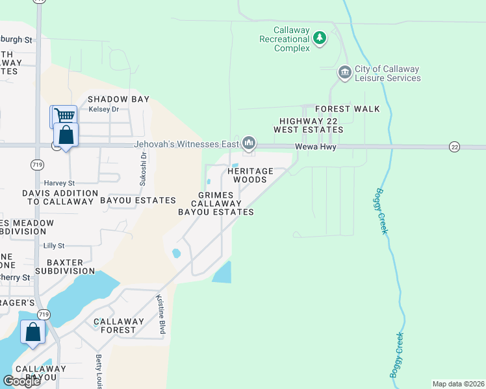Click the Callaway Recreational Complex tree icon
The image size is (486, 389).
pyautogui.click(x=319, y=39)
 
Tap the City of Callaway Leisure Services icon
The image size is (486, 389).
pyautogui.click(x=344, y=72)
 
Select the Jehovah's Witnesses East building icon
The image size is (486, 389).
pyautogui.click(x=249, y=143)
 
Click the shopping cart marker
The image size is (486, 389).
pyautogui.click(x=64, y=116)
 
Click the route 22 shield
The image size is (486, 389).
pyautogui.click(x=454, y=147)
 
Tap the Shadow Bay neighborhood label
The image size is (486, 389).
pyautogui.click(x=119, y=99)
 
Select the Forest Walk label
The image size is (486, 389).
pyautogui.click(x=348, y=109)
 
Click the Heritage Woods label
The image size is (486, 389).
pyautogui.click(x=250, y=175)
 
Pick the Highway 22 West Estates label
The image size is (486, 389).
pyautogui.click(x=311, y=125)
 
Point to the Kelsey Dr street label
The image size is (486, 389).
pyautogui.click(x=104, y=109)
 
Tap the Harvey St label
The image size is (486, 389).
pyautogui.click(x=59, y=183)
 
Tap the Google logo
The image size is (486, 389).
pyautogui.click(x=21, y=381)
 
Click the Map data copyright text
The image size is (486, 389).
pyautogui.click(x=458, y=384)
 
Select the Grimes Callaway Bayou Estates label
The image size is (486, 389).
pyautogui.click(x=216, y=204)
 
